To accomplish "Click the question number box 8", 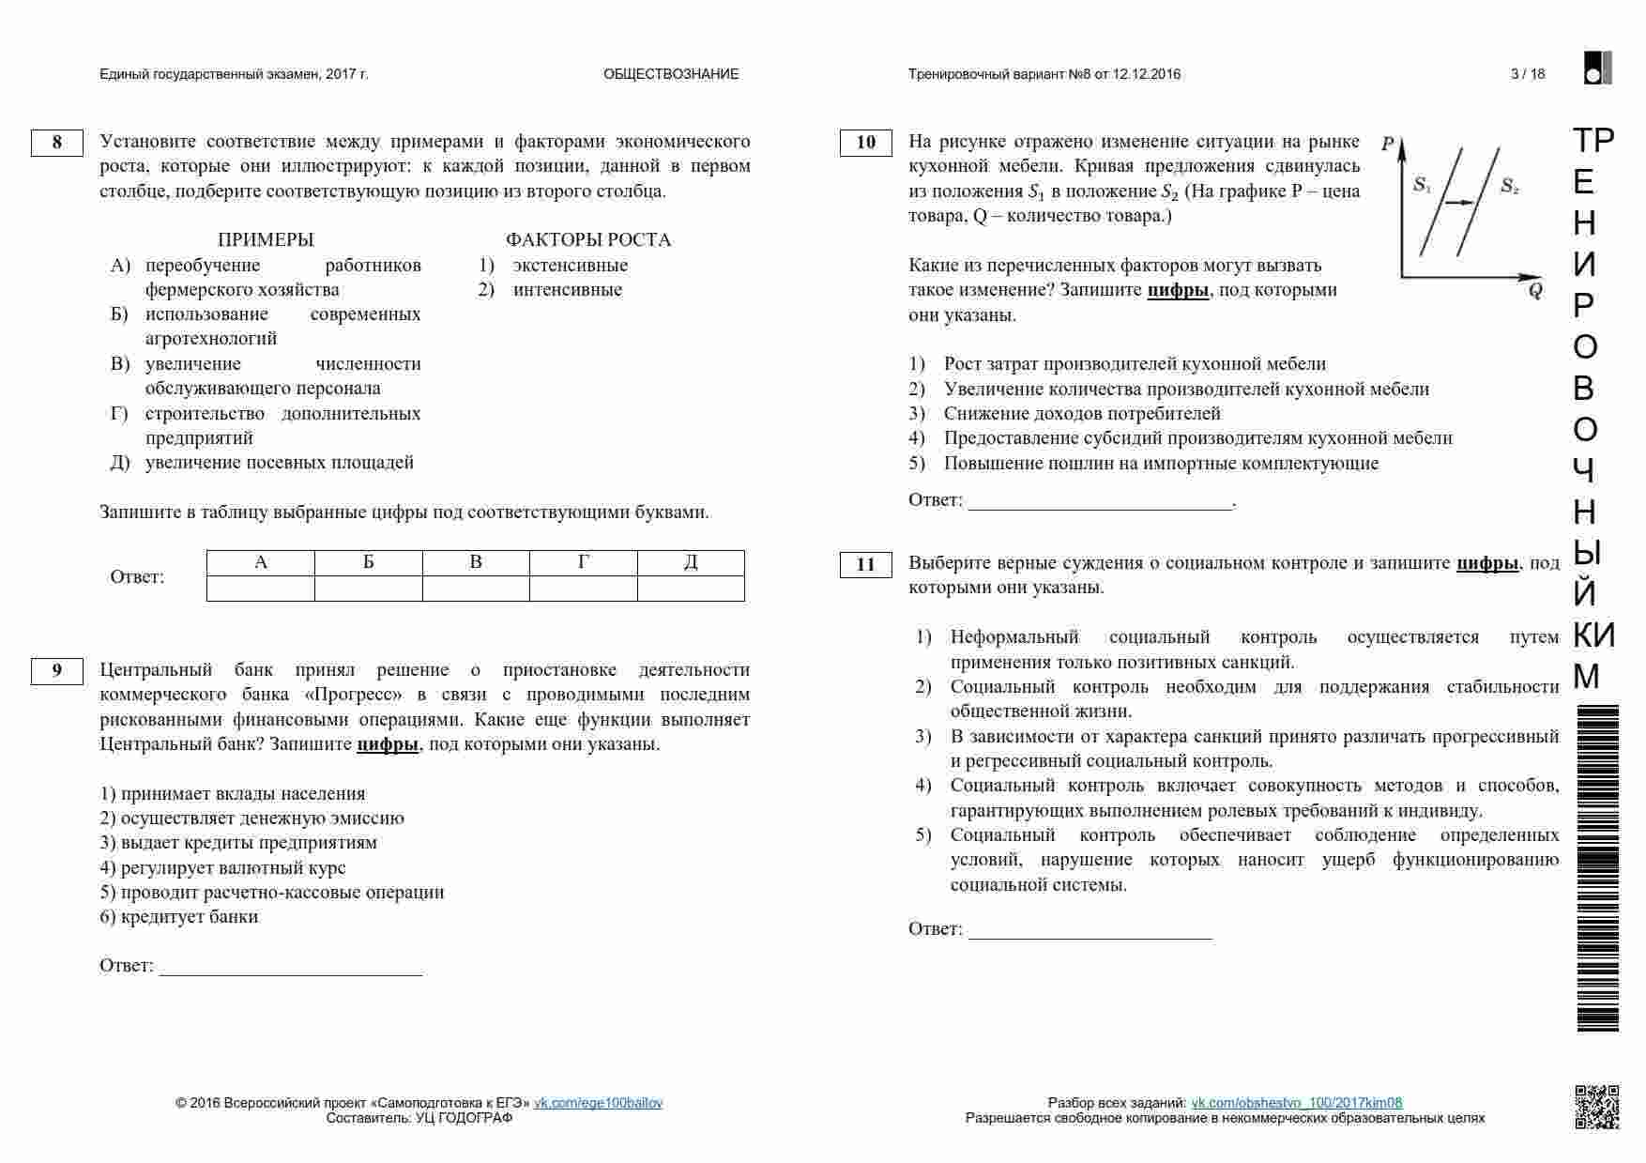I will (57, 143).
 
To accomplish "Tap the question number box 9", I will (57, 670).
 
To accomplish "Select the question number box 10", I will (865, 143).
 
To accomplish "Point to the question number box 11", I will (865, 564).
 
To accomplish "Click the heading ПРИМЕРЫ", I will (266, 239).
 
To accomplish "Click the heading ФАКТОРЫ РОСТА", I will (588, 239).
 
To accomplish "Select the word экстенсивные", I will (570, 265).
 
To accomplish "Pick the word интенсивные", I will (567, 289).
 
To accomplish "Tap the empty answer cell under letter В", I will (476, 589).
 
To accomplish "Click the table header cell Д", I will (691, 562).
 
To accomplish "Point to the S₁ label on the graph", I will (1422, 185).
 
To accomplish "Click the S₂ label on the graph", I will (1508, 186).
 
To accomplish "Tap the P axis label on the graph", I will (1388, 145).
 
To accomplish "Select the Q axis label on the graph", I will (1534, 290).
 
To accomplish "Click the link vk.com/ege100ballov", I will (598, 1103).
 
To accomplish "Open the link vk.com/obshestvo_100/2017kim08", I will (1296, 1103).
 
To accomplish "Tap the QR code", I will (1596, 1107).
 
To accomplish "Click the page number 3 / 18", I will (1528, 74).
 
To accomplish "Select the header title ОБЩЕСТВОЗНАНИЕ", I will (671, 74).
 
